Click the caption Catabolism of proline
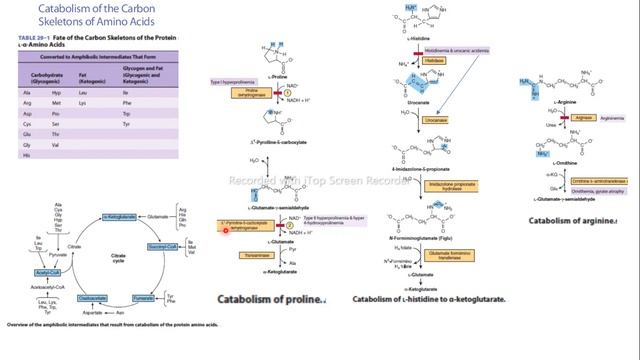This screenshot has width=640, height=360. pos(271,298)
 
